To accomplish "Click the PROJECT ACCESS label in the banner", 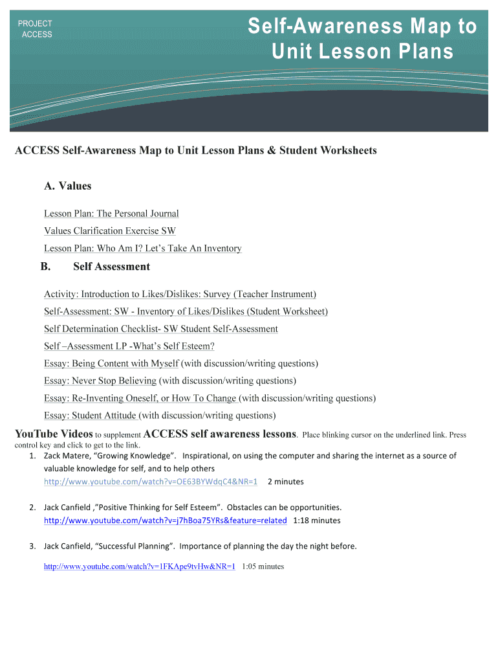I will [x=36, y=29].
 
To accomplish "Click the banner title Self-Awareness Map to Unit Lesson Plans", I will [x=362, y=39].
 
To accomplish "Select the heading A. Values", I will [x=68, y=186].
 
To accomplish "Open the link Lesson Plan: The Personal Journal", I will [x=111, y=214].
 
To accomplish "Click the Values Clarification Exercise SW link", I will [x=110, y=231].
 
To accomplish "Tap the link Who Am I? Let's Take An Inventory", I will [x=143, y=249].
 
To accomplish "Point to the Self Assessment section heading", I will [x=111, y=267].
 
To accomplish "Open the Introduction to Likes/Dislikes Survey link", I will [x=180, y=295].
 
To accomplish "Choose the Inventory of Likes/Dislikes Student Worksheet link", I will [x=186, y=312].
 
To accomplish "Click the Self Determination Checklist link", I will [x=161, y=330].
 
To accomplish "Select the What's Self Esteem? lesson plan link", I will [x=129, y=346].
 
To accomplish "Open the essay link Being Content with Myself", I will [x=111, y=364].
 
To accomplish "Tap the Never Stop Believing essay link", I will [x=100, y=381].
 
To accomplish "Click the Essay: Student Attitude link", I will [x=90, y=416].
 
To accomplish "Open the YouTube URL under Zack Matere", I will [x=151, y=482].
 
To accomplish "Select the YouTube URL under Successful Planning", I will [x=139, y=567].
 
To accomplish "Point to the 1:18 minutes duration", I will [x=316, y=521].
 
